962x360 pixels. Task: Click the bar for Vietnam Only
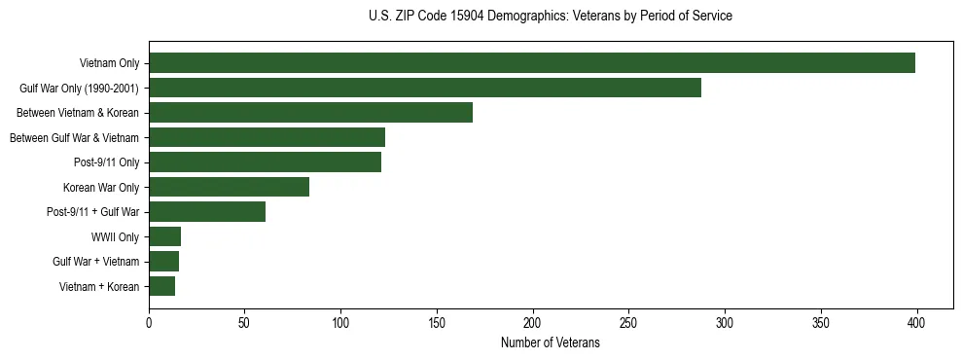pyautogui.click(x=531, y=63)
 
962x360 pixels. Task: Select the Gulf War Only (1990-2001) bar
pyautogui.click(x=424, y=88)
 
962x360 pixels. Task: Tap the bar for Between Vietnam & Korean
pyautogui.click(x=310, y=113)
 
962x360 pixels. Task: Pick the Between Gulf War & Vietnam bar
pyautogui.click(x=267, y=137)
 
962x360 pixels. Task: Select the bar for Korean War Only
pyautogui.click(x=229, y=187)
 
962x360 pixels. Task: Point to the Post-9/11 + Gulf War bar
pyautogui.click(x=207, y=212)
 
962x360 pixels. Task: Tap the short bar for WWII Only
pyautogui.click(x=164, y=236)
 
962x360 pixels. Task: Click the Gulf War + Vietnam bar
pyautogui.click(x=163, y=262)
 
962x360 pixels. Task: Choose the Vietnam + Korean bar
pyautogui.click(x=161, y=286)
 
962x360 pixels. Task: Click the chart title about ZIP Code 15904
pyautogui.click(x=551, y=17)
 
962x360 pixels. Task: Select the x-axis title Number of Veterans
pyautogui.click(x=551, y=343)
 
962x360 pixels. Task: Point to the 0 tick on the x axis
pyautogui.click(x=149, y=323)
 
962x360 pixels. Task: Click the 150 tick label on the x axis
pyautogui.click(x=437, y=323)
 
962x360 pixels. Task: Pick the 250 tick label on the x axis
pyautogui.click(x=629, y=323)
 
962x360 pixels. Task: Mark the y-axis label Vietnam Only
pyautogui.click(x=109, y=63)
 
